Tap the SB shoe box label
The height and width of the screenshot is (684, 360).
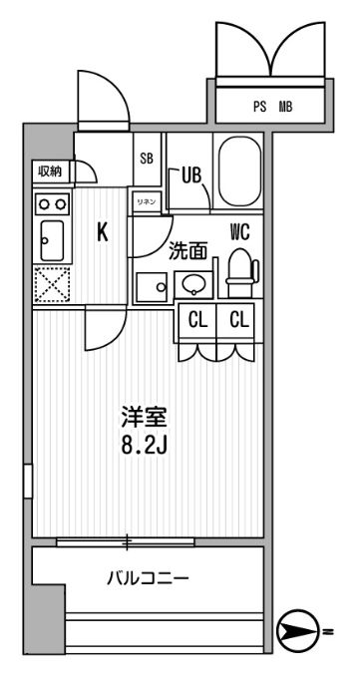146,159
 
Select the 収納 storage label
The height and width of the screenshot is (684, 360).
50,171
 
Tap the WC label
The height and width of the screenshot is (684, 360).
239,232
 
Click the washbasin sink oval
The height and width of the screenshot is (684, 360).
192,285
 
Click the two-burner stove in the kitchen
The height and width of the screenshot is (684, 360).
52,202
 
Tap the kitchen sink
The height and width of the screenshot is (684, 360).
49,239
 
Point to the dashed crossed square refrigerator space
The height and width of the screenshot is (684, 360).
51,286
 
